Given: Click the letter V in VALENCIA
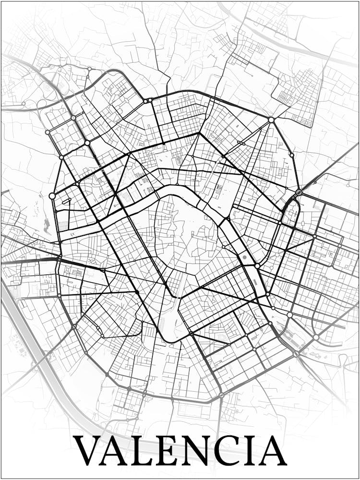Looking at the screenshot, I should (x=87, y=450).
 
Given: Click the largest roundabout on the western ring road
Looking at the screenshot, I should (x=52, y=196).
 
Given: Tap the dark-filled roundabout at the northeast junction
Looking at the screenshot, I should (x=299, y=192).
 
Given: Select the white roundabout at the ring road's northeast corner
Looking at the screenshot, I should (x=271, y=120).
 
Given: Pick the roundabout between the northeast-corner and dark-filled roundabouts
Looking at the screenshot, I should (x=291, y=155).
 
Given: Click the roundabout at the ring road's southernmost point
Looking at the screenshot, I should (x=221, y=396).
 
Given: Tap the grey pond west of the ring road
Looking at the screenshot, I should (x=47, y=223).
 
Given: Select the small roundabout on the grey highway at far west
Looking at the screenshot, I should (x=23, y=103).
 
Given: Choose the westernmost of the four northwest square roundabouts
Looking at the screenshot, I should (x=48, y=132).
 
